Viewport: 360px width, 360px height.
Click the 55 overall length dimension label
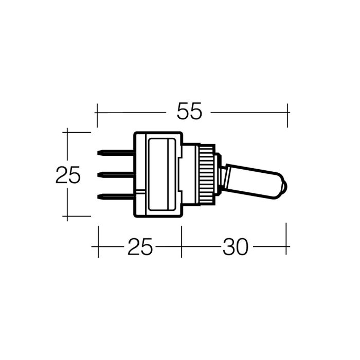click(189, 112)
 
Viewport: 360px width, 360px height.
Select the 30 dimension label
click(236, 247)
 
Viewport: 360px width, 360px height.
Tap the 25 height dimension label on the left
click(68, 175)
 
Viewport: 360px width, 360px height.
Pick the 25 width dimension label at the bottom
click(140, 247)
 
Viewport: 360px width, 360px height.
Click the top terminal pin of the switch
click(116, 153)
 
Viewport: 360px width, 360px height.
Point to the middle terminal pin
click(116, 175)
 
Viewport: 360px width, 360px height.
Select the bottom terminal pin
click(116, 197)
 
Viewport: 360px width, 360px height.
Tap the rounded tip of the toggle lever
click(284, 186)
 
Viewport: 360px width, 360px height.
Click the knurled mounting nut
click(207, 174)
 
